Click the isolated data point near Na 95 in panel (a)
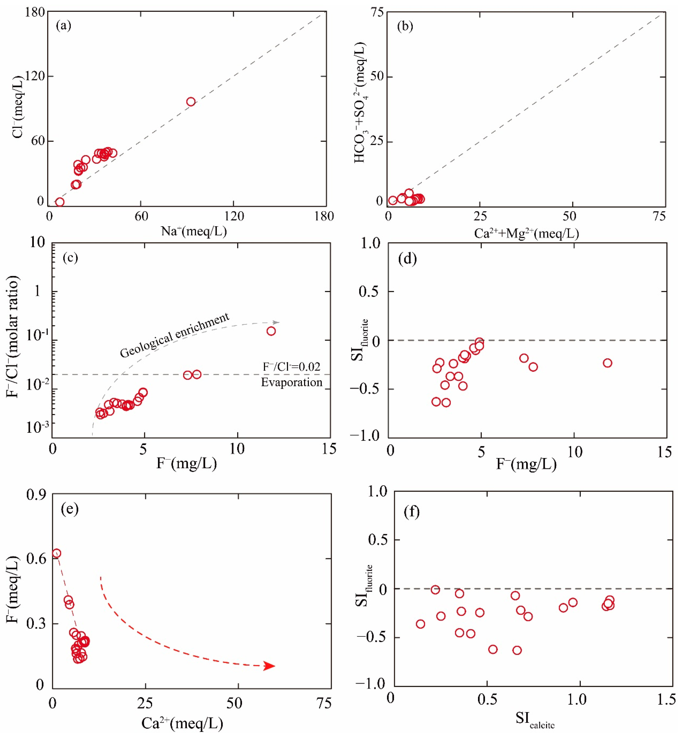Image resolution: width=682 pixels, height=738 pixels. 191,102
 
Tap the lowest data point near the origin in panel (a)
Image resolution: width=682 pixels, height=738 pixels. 60,202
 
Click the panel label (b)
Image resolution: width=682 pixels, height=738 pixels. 405,26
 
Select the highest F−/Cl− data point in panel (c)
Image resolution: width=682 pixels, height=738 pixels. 271,331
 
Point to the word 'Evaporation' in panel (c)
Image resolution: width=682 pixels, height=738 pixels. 292,382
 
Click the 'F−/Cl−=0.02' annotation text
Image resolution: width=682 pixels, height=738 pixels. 292,367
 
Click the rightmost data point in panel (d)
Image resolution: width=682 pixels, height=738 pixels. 608,363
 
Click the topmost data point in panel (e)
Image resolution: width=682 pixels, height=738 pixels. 56,553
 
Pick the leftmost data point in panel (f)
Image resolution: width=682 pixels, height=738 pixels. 420,624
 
